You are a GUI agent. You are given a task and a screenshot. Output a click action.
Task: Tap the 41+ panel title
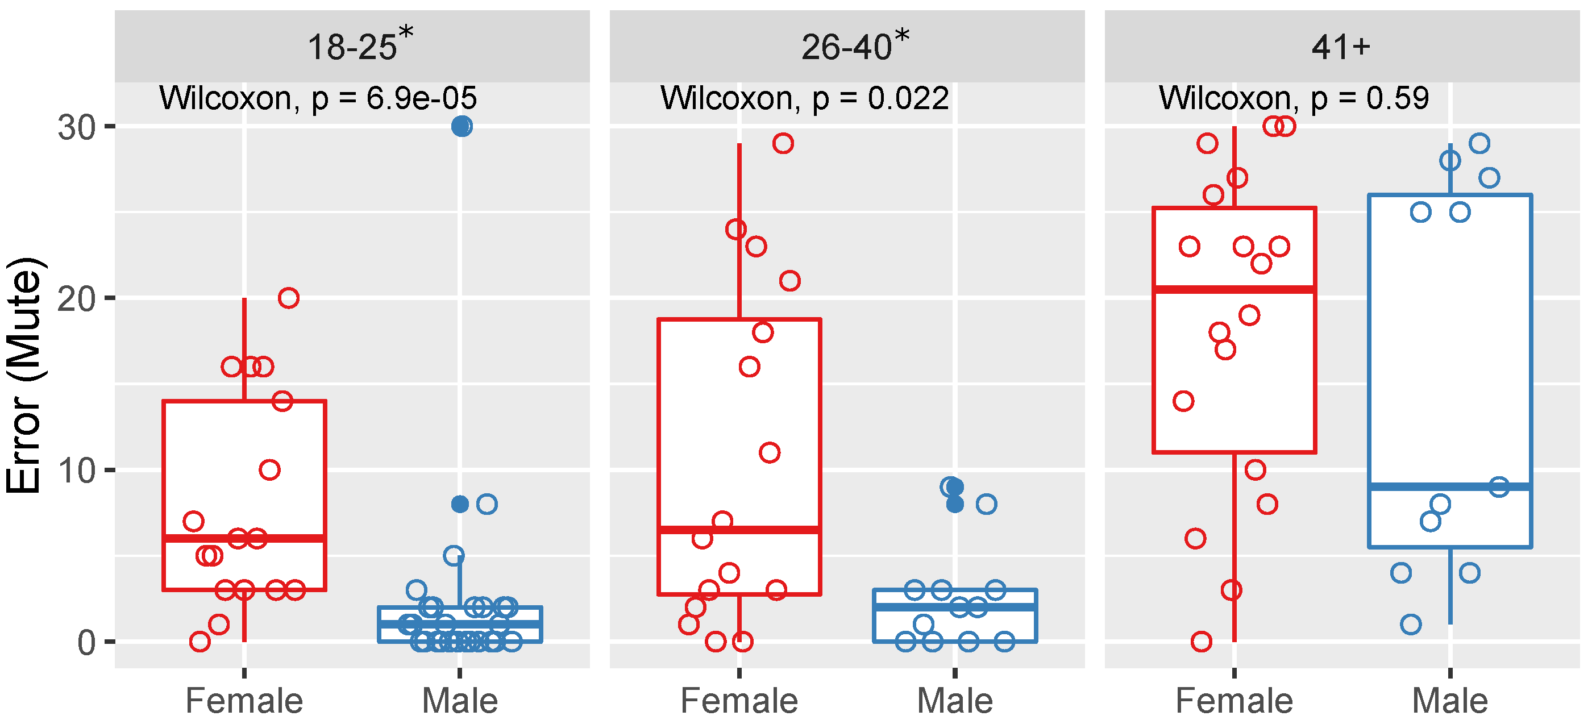click(1341, 47)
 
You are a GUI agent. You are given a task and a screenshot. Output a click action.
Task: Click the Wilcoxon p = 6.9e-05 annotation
click(318, 98)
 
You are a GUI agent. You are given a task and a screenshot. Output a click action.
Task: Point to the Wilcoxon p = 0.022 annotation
click(805, 98)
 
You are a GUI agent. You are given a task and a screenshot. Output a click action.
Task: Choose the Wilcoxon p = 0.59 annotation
click(1294, 98)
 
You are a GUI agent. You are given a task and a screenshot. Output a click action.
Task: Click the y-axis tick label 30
click(77, 127)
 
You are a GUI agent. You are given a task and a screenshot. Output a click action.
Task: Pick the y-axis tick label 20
click(77, 299)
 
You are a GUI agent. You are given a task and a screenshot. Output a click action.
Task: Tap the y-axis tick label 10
click(77, 471)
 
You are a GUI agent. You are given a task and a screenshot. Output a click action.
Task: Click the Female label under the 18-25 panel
click(244, 701)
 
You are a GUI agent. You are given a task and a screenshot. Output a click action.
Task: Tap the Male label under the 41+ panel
click(1450, 701)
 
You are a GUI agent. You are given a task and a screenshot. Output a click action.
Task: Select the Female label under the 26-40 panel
click(739, 701)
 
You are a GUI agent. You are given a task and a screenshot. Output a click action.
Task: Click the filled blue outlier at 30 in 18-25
click(462, 127)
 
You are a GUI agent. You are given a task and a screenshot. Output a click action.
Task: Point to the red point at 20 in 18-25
click(289, 298)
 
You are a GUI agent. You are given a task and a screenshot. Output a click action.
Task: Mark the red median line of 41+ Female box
click(1234, 289)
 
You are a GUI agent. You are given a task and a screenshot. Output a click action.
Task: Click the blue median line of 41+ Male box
click(1450, 487)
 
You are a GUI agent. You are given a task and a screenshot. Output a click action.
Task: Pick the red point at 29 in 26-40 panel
click(783, 143)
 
